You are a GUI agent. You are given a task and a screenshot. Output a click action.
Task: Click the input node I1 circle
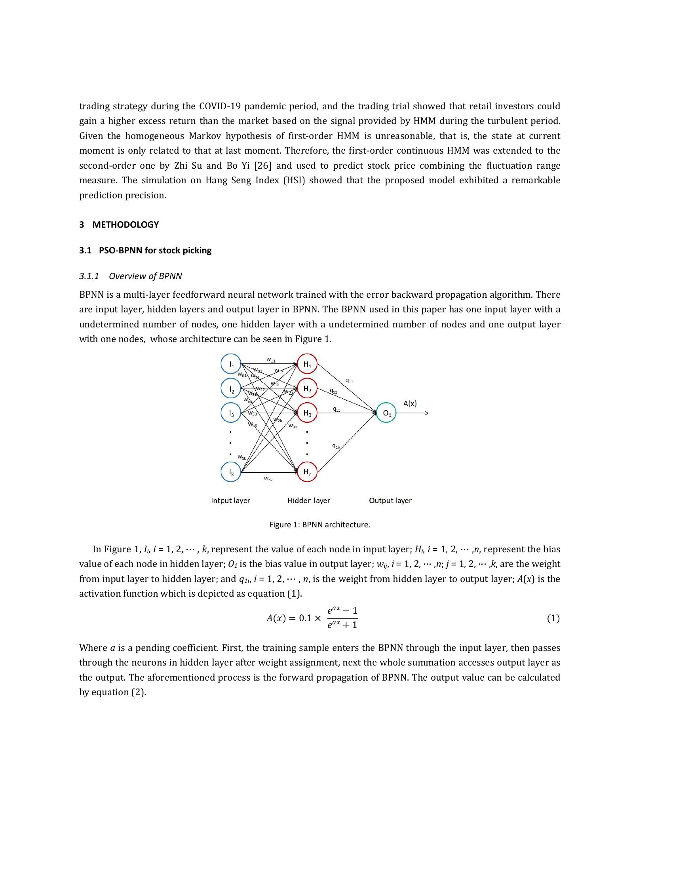coord(231,364)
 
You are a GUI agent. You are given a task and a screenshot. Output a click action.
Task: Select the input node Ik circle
coord(231,472)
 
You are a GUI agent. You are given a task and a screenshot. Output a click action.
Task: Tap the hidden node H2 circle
coord(307,388)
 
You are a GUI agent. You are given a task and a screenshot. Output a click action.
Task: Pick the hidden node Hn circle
coord(307,472)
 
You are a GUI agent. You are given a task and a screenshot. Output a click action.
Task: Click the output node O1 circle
coord(386,413)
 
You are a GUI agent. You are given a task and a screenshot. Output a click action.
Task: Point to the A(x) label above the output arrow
coord(410,403)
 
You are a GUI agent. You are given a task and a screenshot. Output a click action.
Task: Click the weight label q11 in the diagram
coord(349,381)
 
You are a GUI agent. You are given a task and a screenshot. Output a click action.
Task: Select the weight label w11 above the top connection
coord(271,360)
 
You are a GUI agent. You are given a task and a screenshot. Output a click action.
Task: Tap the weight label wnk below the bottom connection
coord(268,479)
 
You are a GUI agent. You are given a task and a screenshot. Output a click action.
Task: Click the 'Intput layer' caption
coord(230,500)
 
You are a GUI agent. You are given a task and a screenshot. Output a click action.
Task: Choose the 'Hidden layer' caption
coord(309,500)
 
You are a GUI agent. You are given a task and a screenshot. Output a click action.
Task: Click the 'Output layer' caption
coord(390,500)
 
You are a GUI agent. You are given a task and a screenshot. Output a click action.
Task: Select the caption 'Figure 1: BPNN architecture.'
coord(320,525)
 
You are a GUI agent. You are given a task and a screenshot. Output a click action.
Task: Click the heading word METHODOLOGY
coord(125,224)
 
